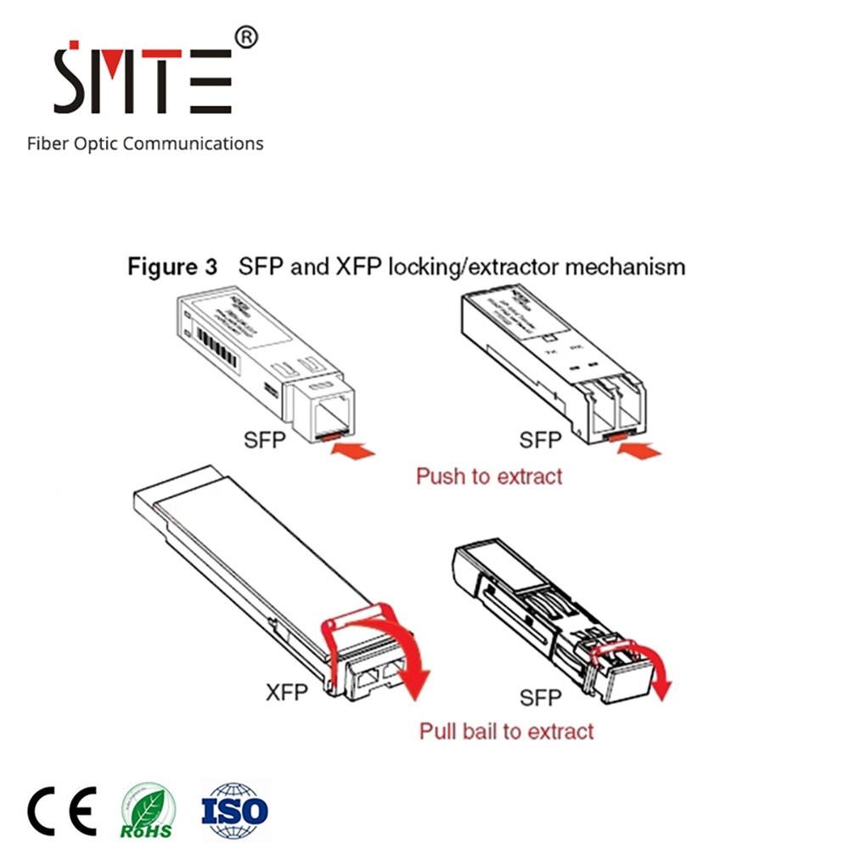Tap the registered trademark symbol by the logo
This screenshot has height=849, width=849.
(245, 37)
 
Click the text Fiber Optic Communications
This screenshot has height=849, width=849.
(145, 143)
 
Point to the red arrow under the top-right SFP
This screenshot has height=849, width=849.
(638, 453)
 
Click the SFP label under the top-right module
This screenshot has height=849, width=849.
(541, 440)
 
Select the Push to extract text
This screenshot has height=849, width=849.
(489, 476)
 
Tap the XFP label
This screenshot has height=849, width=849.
(287, 692)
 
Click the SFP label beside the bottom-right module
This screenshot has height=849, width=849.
(541, 698)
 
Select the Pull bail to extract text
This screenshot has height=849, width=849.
(507, 730)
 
